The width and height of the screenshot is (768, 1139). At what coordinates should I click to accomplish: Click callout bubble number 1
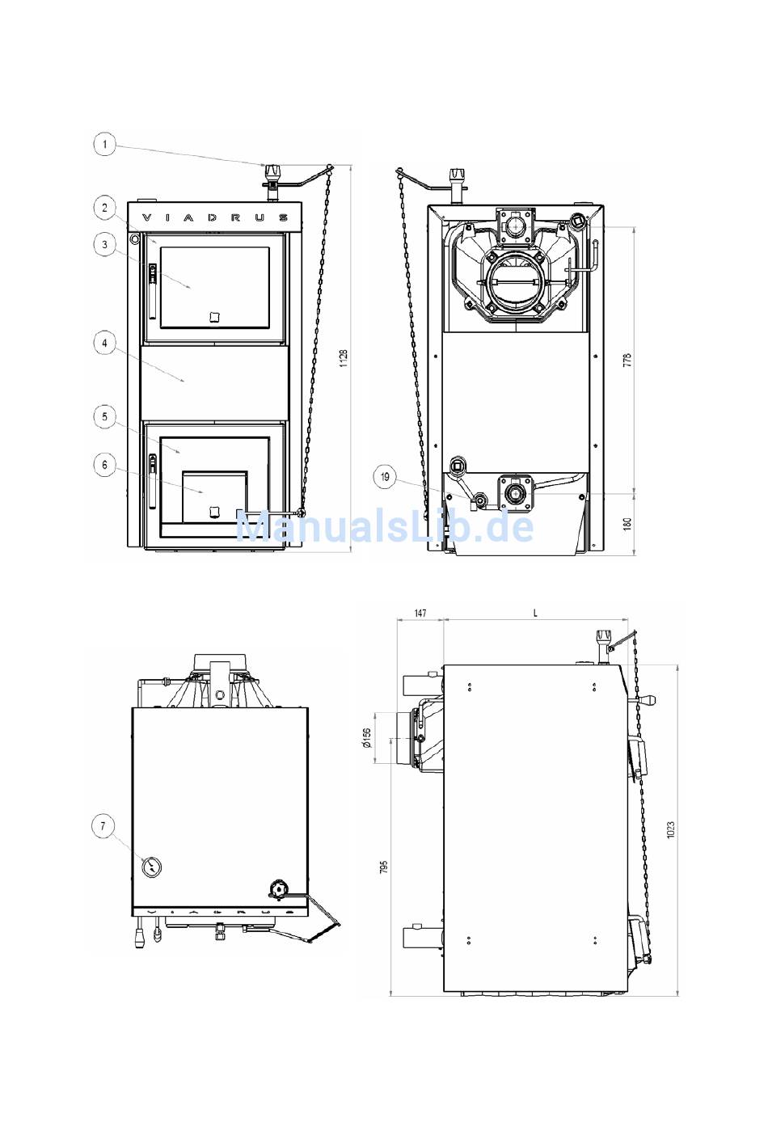[x=105, y=145]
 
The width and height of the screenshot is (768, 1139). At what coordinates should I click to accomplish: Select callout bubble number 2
[x=105, y=208]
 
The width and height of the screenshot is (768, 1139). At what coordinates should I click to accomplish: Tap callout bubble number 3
[x=105, y=245]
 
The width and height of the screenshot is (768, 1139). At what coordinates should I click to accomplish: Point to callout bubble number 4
[x=105, y=344]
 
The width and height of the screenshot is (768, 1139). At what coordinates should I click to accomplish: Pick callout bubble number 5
[x=105, y=417]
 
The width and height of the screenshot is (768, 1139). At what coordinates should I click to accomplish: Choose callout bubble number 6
[x=105, y=466]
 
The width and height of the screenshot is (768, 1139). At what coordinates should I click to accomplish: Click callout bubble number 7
[x=103, y=826]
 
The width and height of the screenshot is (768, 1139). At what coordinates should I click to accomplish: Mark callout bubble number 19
[x=385, y=477]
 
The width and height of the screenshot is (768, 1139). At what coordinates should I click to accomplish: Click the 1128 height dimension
[x=344, y=358]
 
